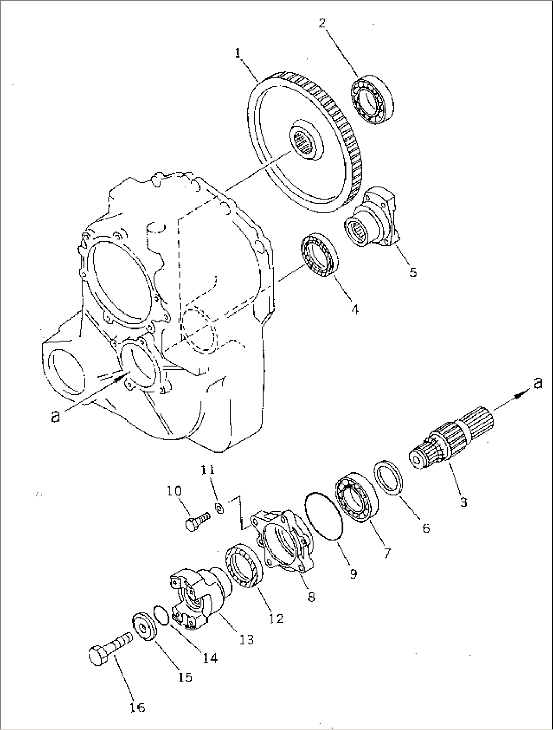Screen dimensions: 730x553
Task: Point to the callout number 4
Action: point(355,308)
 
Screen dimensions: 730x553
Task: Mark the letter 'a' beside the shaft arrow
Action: point(538,383)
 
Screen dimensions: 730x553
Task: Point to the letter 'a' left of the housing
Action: point(56,416)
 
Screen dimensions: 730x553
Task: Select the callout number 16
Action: point(137,707)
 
